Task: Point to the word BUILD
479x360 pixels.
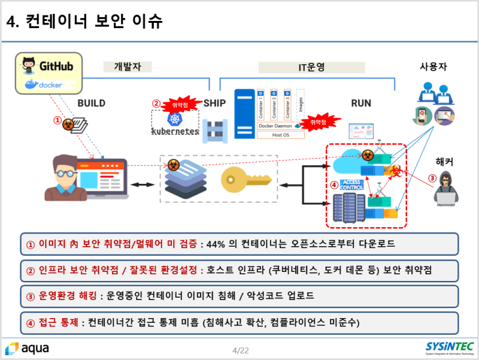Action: click(x=91, y=103)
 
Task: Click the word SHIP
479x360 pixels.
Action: click(x=214, y=103)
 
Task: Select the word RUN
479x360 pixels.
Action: click(x=360, y=103)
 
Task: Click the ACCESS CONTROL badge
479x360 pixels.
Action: click(x=351, y=184)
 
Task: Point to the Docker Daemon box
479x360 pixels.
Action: click(x=277, y=126)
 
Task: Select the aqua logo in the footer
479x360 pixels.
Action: click(x=28, y=348)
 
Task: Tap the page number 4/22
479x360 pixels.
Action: click(x=240, y=350)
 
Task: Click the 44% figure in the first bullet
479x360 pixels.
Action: click(x=217, y=244)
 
